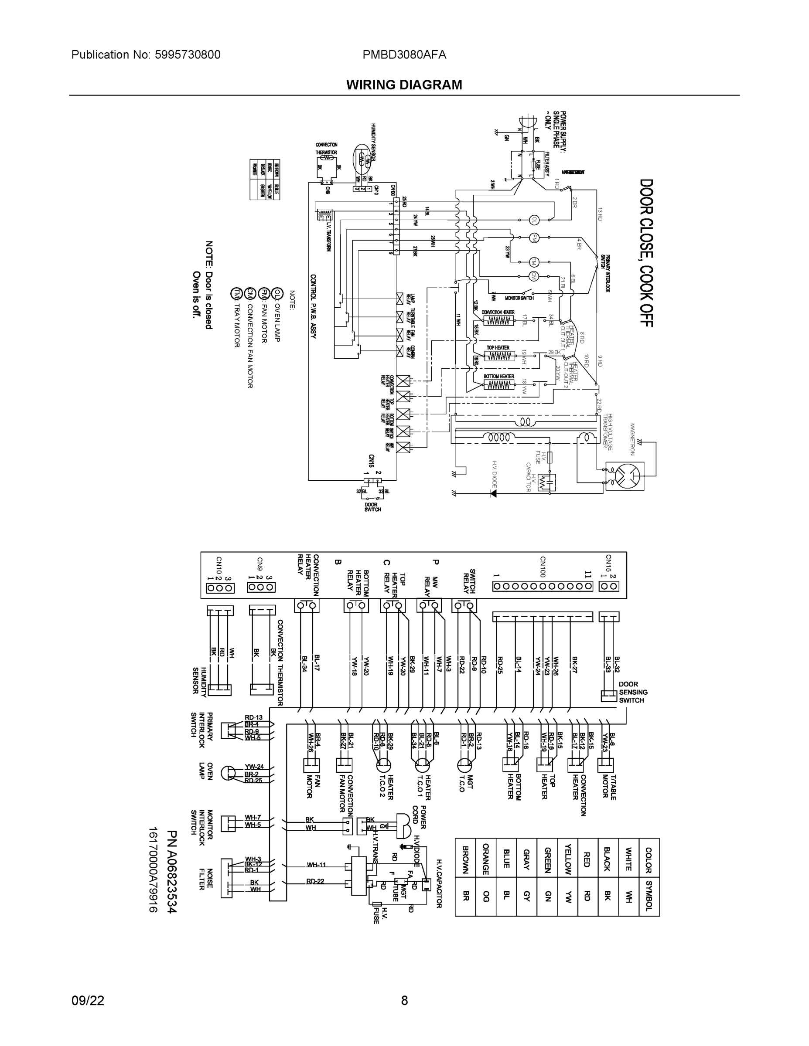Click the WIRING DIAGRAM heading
(x=404, y=85)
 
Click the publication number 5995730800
(x=188, y=54)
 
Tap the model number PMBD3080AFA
(x=404, y=54)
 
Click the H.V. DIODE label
(x=494, y=474)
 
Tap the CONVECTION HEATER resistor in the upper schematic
(x=498, y=320)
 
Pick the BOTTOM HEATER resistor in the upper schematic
(x=498, y=384)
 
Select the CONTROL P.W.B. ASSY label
(x=313, y=306)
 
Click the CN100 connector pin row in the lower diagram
(x=543, y=586)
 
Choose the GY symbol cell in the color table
(x=526, y=896)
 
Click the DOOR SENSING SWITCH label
(x=633, y=693)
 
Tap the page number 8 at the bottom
(x=404, y=1000)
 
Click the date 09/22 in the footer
(x=88, y=1000)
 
